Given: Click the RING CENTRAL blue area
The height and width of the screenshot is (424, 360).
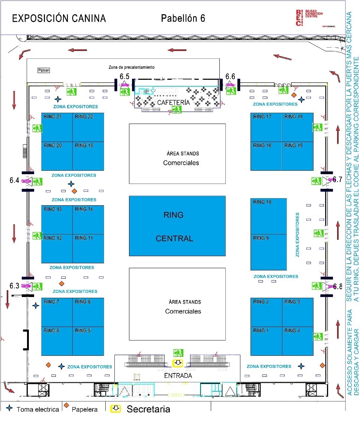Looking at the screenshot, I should [177, 226].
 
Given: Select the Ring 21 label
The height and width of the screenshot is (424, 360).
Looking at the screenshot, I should [53, 116].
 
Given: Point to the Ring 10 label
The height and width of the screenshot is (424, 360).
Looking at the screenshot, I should [262, 202].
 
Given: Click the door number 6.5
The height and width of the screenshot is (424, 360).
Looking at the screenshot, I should [124, 76].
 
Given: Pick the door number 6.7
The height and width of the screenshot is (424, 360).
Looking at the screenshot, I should [337, 179].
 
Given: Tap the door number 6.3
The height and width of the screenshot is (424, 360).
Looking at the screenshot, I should [14, 286].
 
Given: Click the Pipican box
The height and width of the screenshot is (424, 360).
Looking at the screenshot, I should [43, 70].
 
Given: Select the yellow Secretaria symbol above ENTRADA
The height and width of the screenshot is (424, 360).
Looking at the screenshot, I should [177, 363].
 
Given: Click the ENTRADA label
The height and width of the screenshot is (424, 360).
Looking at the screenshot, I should [178, 376].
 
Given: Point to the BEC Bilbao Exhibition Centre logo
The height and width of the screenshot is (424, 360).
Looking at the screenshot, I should [309, 18].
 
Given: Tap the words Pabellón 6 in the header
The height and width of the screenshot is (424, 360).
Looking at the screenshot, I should [183, 18].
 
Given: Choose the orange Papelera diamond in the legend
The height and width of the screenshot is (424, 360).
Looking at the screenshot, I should [66, 405].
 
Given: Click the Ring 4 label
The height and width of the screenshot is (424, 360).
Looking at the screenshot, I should [292, 330].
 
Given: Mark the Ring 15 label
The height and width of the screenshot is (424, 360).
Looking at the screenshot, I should [293, 145].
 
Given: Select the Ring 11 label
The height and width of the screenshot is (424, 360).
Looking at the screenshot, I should [84, 238].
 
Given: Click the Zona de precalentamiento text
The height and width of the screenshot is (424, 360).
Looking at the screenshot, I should [131, 67].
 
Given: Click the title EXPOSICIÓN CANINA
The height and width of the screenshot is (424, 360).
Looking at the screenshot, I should [59, 18].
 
